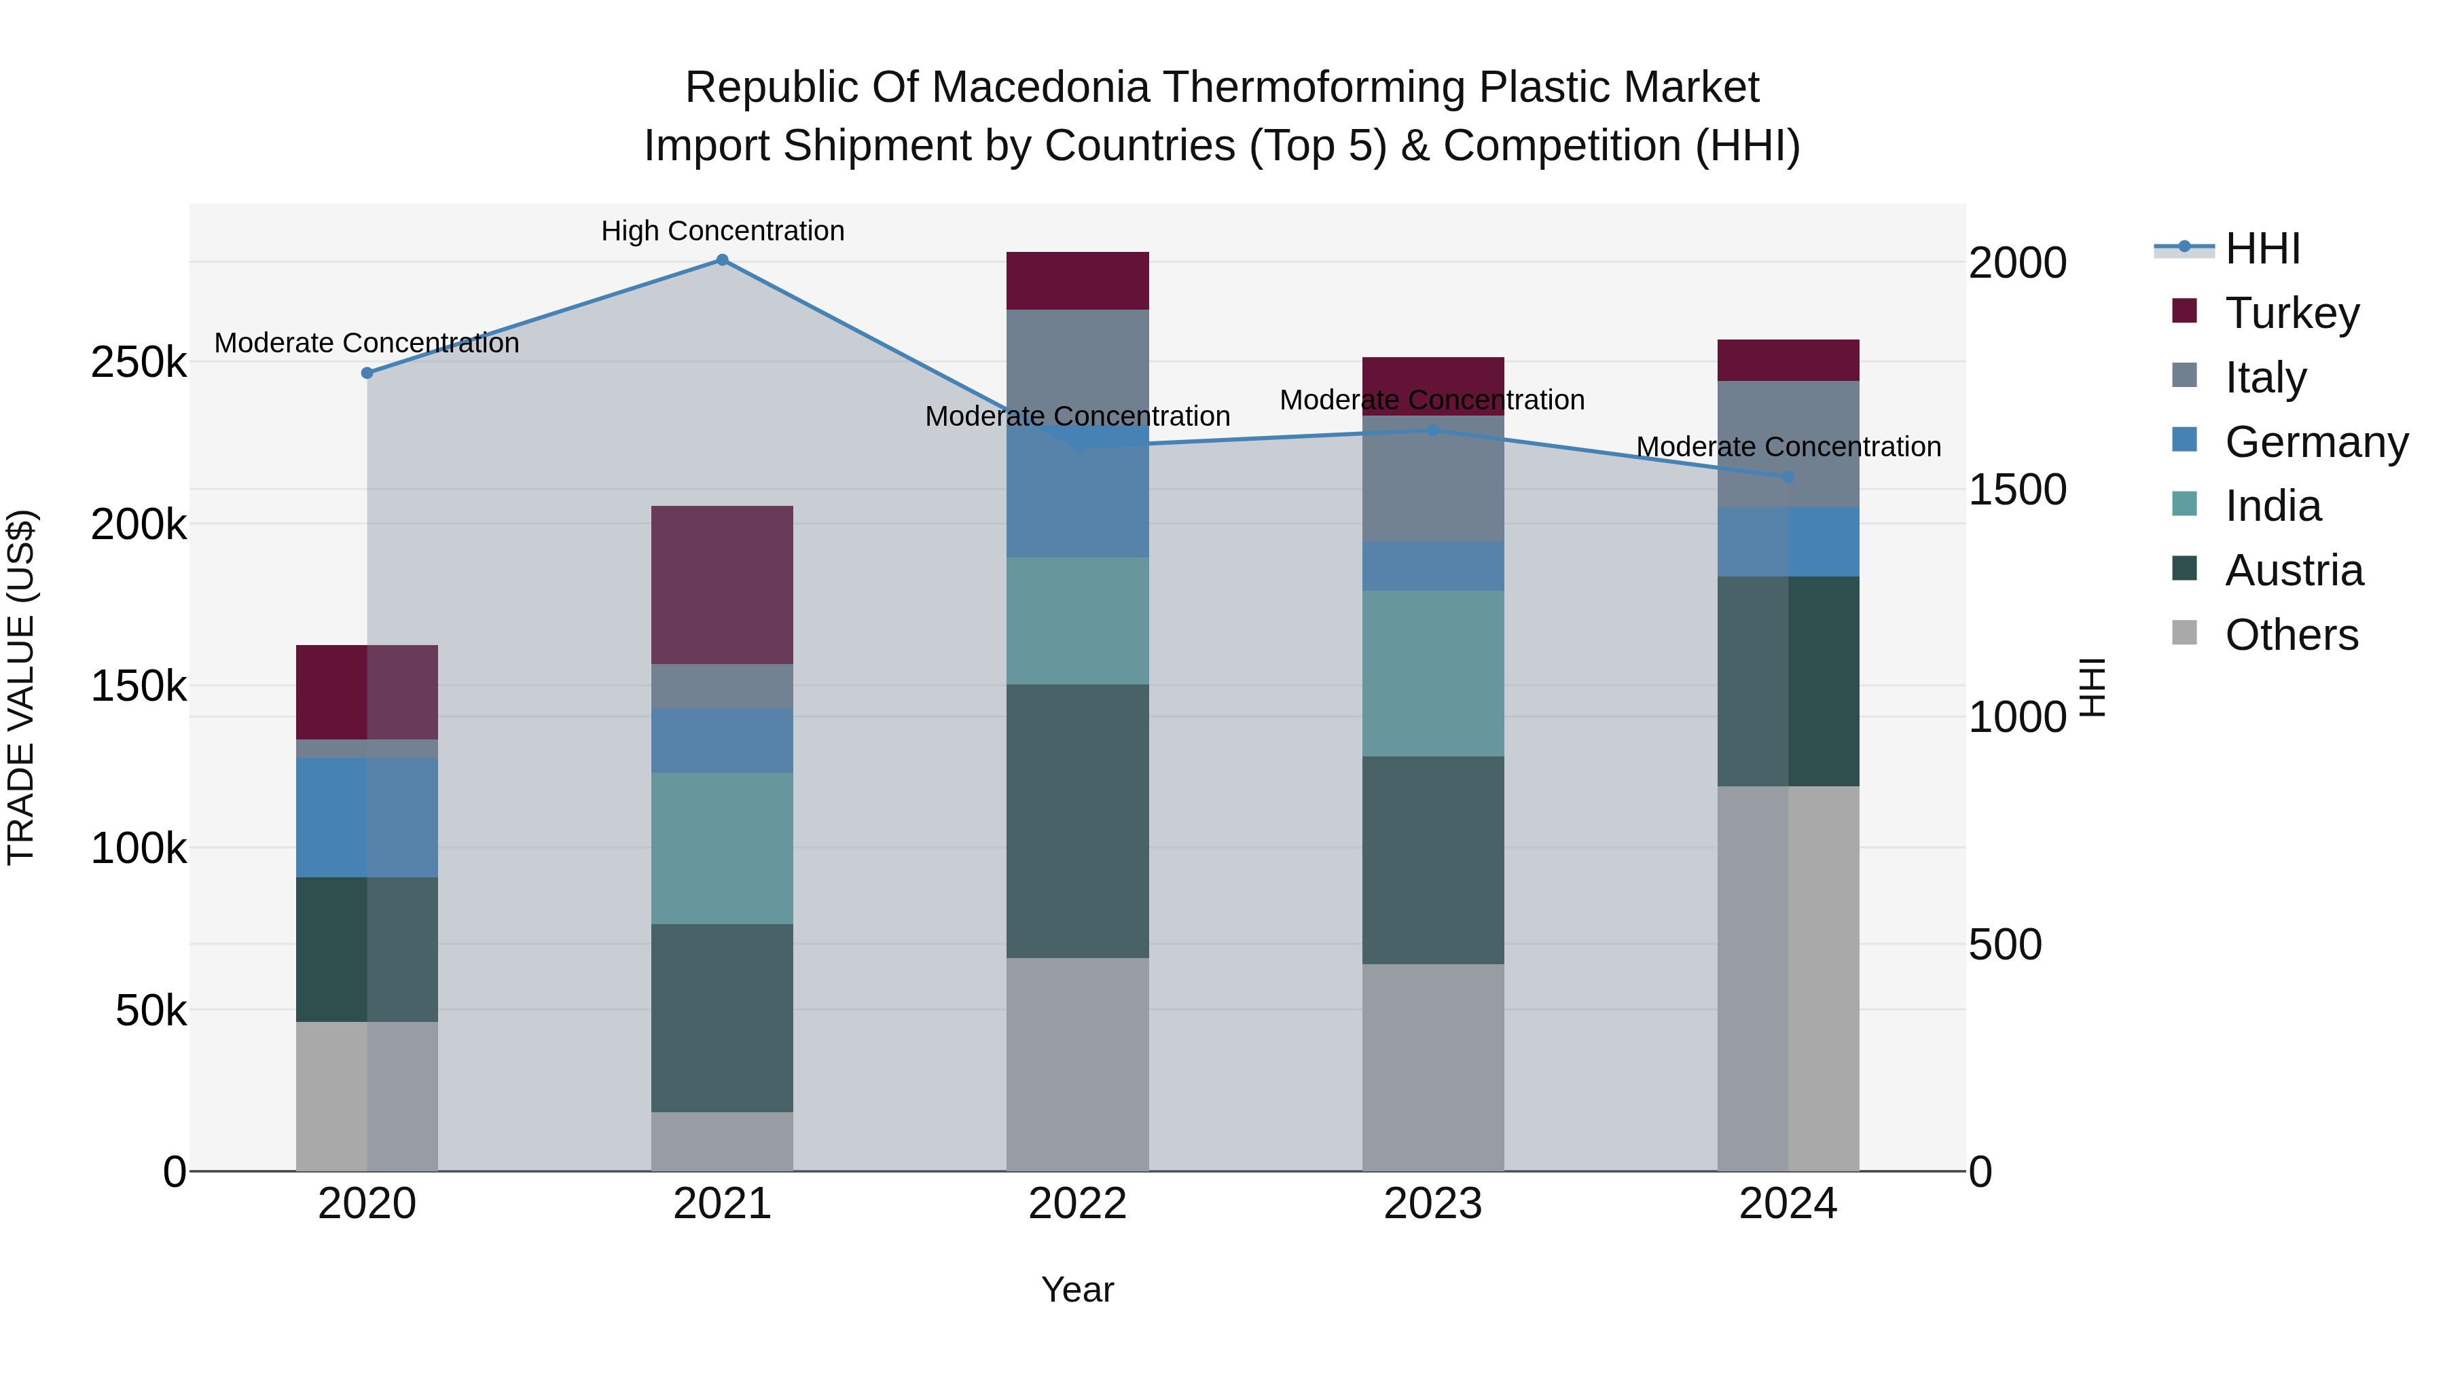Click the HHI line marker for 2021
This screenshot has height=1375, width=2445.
[723, 260]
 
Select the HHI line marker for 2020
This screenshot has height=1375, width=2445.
[367, 373]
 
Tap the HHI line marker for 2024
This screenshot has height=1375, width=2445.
[1788, 477]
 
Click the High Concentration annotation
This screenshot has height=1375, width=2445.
[723, 231]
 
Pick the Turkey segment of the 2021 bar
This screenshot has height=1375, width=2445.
[723, 585]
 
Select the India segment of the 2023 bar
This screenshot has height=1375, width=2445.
[1433, 674]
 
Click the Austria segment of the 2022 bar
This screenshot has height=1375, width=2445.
[1077, 821]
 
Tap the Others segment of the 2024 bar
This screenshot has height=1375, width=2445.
[1788, 977]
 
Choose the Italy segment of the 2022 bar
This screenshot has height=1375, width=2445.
[1077, 365]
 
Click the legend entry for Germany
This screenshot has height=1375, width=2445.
[2316, 442]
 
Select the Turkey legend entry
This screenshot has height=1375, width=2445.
[2292, 313]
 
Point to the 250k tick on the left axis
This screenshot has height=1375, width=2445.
[139, 363]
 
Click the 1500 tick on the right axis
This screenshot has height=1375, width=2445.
[2017, 490]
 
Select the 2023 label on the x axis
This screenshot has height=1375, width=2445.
[1433, 1204]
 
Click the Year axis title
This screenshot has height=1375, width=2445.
[1077, 1289]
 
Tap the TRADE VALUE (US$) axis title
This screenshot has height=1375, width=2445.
[21, 687]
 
